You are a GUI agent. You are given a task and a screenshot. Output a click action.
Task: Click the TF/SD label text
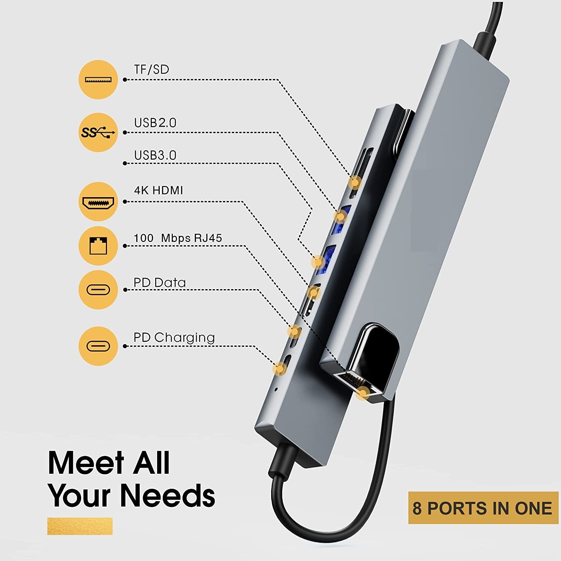click(151, 70)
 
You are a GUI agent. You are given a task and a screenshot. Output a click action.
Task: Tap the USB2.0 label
click(155, 123)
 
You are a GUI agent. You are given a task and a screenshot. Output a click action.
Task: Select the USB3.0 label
click(155, 155)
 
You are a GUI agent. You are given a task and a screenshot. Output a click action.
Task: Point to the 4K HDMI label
click(159, 190)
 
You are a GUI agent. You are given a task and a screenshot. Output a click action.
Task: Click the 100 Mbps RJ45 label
click(178, 238)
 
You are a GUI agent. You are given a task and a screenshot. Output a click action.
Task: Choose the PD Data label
click(160, 282)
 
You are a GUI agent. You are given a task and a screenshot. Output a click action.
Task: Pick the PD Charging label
click(174, 338)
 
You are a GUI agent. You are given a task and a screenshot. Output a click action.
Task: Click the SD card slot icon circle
click(98, 79)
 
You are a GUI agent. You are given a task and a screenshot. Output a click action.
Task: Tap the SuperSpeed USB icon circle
click(98, 132)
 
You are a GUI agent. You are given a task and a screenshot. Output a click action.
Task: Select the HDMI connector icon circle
click(98, 202)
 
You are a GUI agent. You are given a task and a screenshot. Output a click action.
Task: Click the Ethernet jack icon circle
click(98, 246)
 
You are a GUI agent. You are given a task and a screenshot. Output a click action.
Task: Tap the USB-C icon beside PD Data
click(98, 289)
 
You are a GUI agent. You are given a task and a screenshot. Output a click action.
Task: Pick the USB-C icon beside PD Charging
click(98, 346)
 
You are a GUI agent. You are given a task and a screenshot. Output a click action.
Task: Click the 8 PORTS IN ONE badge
click(483, 508)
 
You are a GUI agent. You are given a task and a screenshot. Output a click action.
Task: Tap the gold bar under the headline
click(80, 526)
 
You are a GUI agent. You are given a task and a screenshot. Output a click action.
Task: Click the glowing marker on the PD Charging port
click(279, 368)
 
